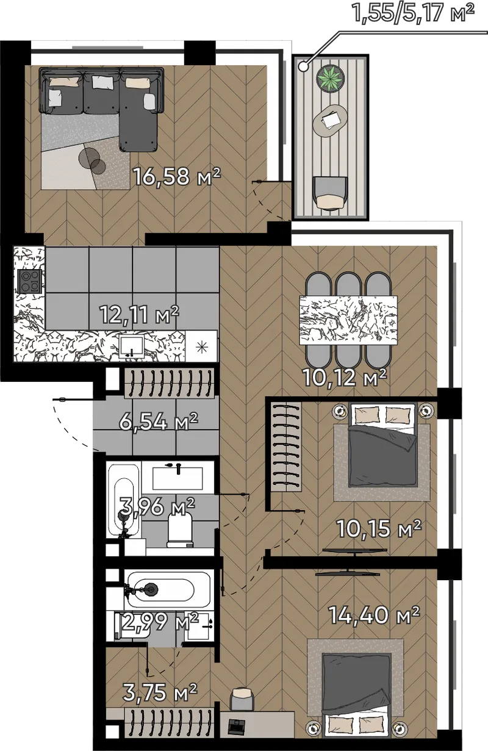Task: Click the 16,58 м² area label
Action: pyautogui.click(x=178, y=176)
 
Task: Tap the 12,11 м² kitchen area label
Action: pyautogui.click(x=139, y=314)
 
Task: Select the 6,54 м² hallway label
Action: pyautogui.click(x=159, y=421)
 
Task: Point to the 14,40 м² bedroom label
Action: pyautogui.click(x=375, y=614)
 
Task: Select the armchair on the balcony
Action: pyautogui.click(x=330, y=193)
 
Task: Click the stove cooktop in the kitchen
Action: pyautogui.click(x=30, y=281)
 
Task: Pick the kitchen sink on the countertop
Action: pyautogui.click(x=132, y=347)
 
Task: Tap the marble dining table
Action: pyautogui.click(x=348, y=320)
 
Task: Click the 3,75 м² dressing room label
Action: pyautogui.click(x=160, y=692)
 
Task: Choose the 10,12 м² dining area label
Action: pyautogui.click(x=345, y=378)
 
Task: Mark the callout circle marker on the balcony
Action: pyautogui.click(x=304, y=66)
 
